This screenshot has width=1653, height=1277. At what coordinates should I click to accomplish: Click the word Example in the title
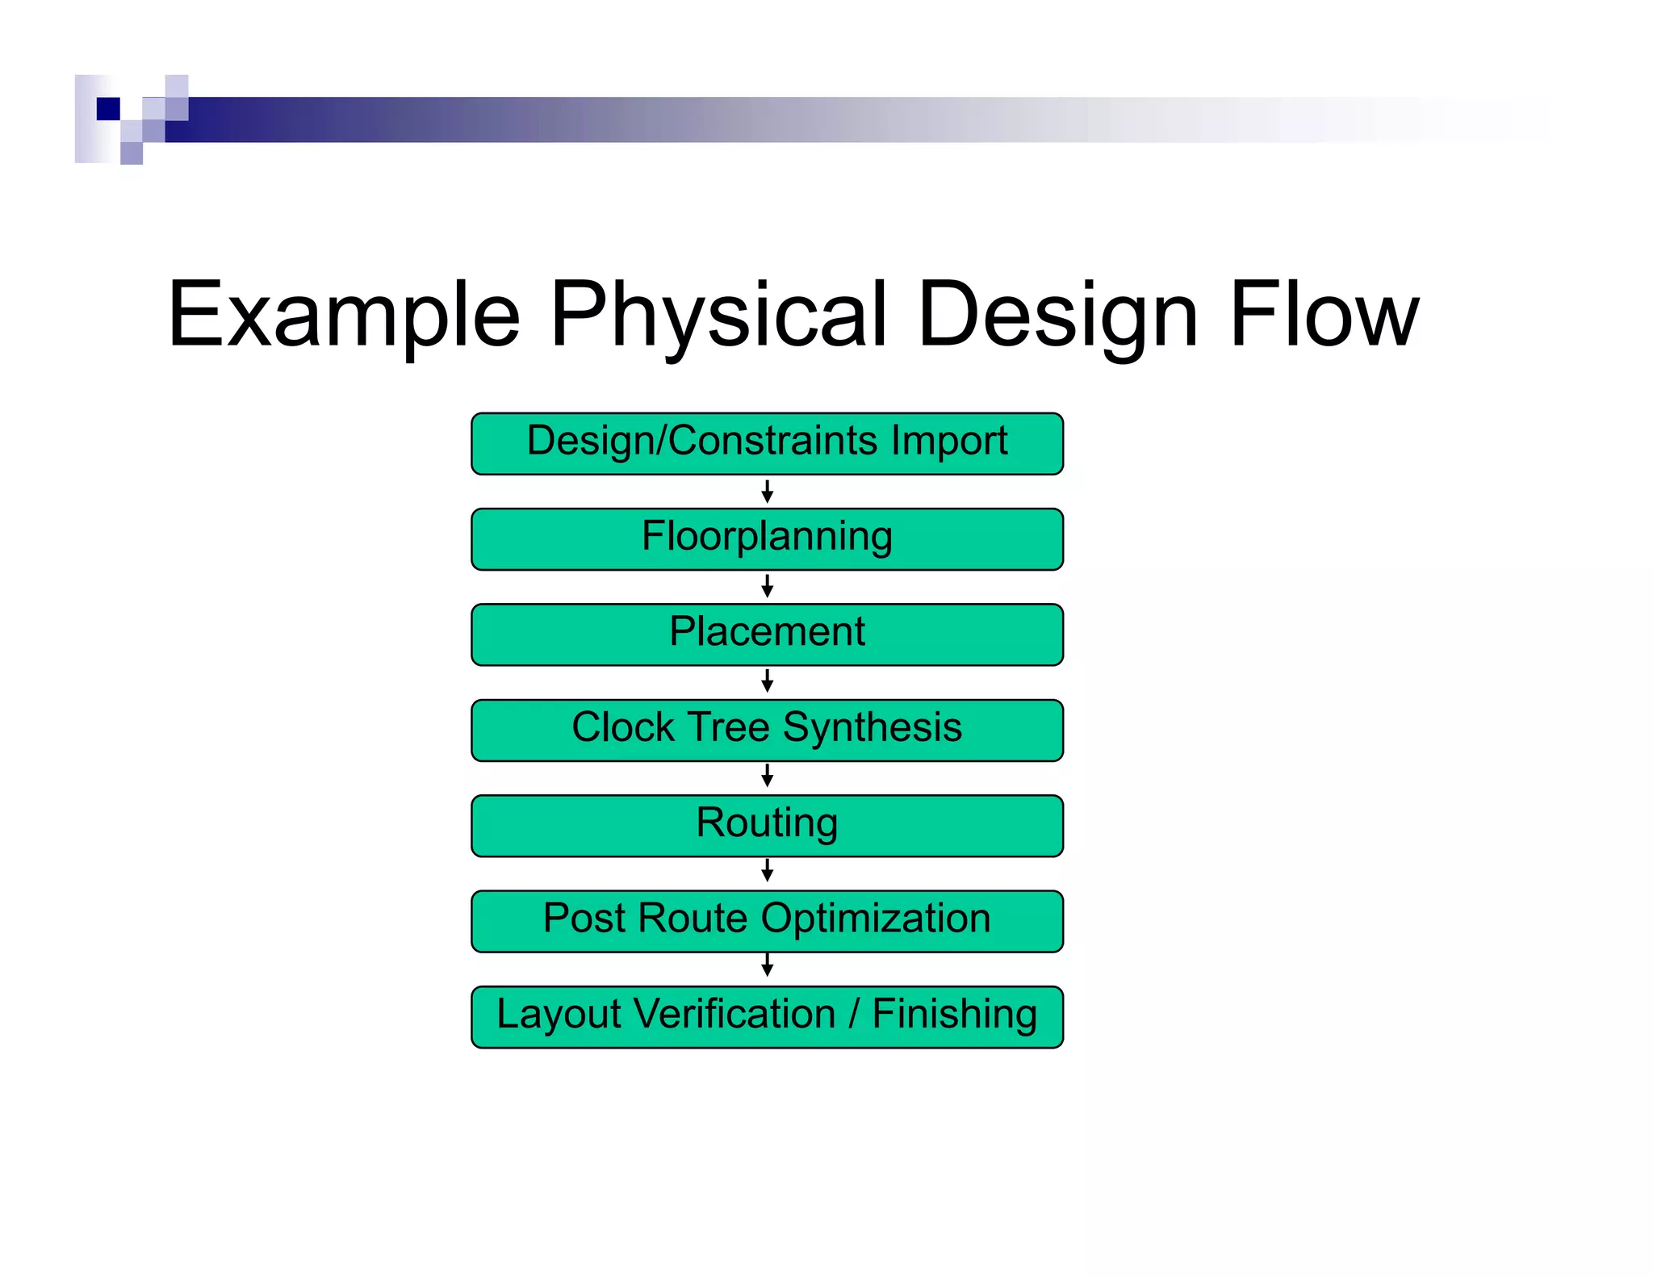(x=343, y=315)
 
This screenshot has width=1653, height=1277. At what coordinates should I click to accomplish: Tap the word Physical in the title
(x=718, y=315)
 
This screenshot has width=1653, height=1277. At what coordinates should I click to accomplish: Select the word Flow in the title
(x=1324, y=315)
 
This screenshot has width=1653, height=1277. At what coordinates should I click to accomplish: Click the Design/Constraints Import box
(x=767, y=444)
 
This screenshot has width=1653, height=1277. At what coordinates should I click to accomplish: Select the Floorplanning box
(x=767, y=539)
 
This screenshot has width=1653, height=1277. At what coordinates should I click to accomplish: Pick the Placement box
(x=767, y=634)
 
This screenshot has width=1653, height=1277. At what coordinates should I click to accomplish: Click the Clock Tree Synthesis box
(x=767, y=731)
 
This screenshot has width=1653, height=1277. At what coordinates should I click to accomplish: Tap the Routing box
(x=767, y=826)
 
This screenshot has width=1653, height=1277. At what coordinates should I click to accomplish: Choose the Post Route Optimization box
(x=767, y=921)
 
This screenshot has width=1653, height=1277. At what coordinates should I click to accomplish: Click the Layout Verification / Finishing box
(x=767, y=1017)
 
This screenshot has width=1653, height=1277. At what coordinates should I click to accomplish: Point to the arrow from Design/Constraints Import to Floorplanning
(x=767, y=492)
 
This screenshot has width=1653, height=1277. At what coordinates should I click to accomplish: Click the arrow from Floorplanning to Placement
(x=767, y=587)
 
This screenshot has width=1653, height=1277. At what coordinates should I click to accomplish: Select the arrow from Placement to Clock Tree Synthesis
(x=767, y=682)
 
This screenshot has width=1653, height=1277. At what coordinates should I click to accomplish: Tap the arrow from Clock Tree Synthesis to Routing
(x=767, y=777)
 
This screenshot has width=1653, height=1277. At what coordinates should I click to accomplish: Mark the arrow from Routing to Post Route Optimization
(x=767, y=872)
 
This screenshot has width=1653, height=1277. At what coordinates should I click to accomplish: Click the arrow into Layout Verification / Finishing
(x=767, y=966)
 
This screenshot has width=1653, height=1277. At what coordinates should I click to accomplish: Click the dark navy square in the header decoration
(x=108, y=108)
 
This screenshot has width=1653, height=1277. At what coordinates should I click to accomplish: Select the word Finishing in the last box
(x=954, y=1014)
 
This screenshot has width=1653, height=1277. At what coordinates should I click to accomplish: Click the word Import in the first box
(x=949, y=441)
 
